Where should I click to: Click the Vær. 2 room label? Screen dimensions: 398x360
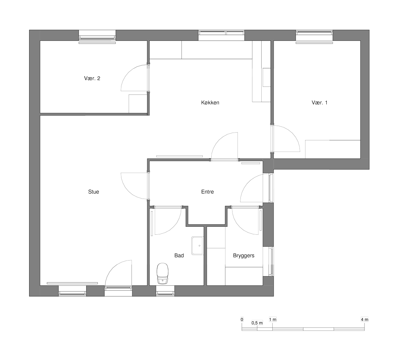click(x=92, y=78)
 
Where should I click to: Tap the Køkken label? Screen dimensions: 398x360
click(x=210, y=102)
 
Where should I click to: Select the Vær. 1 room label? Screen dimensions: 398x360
click(x=319, y=102)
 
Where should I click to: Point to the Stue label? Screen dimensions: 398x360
click(x=94, y=192)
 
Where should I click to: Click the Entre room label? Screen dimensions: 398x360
click(x=207, y=192)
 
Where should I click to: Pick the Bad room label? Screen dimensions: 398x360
click(x=179, y=256)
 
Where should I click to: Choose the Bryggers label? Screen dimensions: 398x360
click(x=244, y=256)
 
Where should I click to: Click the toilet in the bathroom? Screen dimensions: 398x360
click(x=163, y=273)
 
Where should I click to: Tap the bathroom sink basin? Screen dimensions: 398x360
click(x=197, y=246)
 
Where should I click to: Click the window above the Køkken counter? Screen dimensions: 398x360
click(x=221, y=35)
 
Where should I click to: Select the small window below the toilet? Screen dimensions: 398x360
click(x=165, y=291)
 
